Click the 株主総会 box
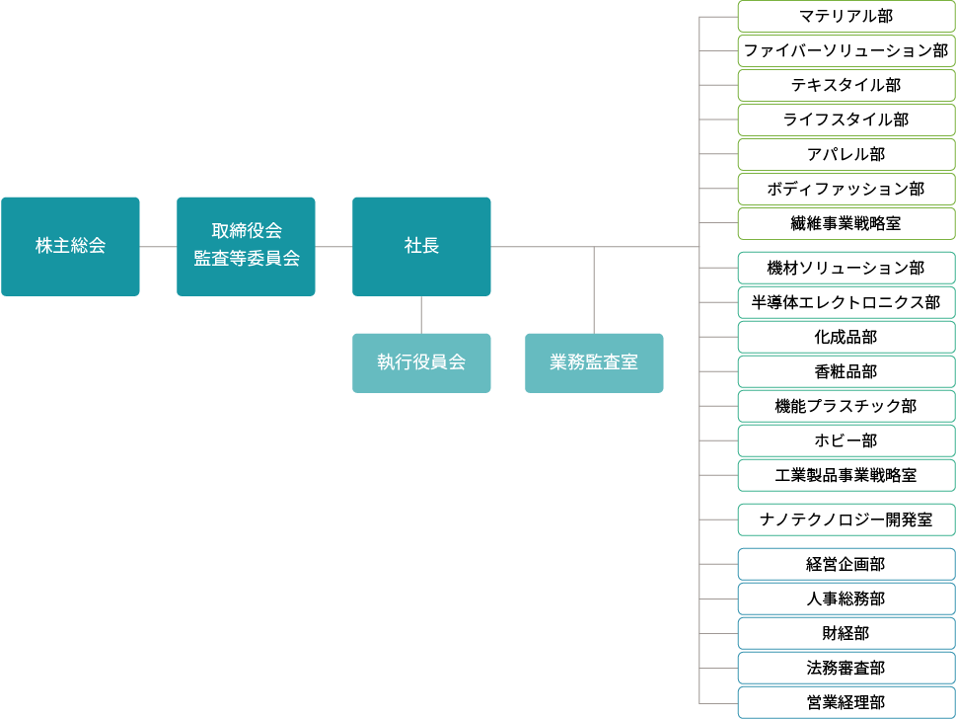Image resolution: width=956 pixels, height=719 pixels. [x=70, y=247]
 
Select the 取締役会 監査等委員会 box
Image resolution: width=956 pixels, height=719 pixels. [x=246, y=247]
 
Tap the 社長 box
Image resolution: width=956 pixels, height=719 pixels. [x=421, y=247]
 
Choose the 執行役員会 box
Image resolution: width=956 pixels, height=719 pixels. [x=421, y=363]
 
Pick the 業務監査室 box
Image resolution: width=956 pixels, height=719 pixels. [x=594, y=363]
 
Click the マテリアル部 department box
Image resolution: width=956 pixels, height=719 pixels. [x=846, y=17]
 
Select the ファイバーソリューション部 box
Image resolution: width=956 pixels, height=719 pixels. [x=846, y=50]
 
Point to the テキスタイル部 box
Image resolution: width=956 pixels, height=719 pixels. [x=846, y=86]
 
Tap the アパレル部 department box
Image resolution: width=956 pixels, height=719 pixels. [x=846, y=154]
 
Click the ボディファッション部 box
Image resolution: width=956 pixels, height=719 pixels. [x=846, y=190]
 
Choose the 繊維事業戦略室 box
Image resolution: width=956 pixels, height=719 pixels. [x=846, y=223]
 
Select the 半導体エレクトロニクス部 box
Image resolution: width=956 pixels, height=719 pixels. [x=846, y=303]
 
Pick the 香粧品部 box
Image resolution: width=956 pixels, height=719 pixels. [x=846, y=371]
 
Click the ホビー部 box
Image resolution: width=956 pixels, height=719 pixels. [x=846, y=440]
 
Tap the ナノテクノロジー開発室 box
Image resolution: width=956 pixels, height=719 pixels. [x=846, y=520]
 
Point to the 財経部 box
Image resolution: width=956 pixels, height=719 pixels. [x=846, y=633]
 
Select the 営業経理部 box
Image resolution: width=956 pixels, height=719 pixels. [x=846, y=702]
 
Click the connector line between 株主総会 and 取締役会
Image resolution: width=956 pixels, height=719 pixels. [x=158, y=247]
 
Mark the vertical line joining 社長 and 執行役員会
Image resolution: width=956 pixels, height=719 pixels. [x=421, y=315]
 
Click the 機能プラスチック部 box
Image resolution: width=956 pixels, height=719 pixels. [x=846, y=407]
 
